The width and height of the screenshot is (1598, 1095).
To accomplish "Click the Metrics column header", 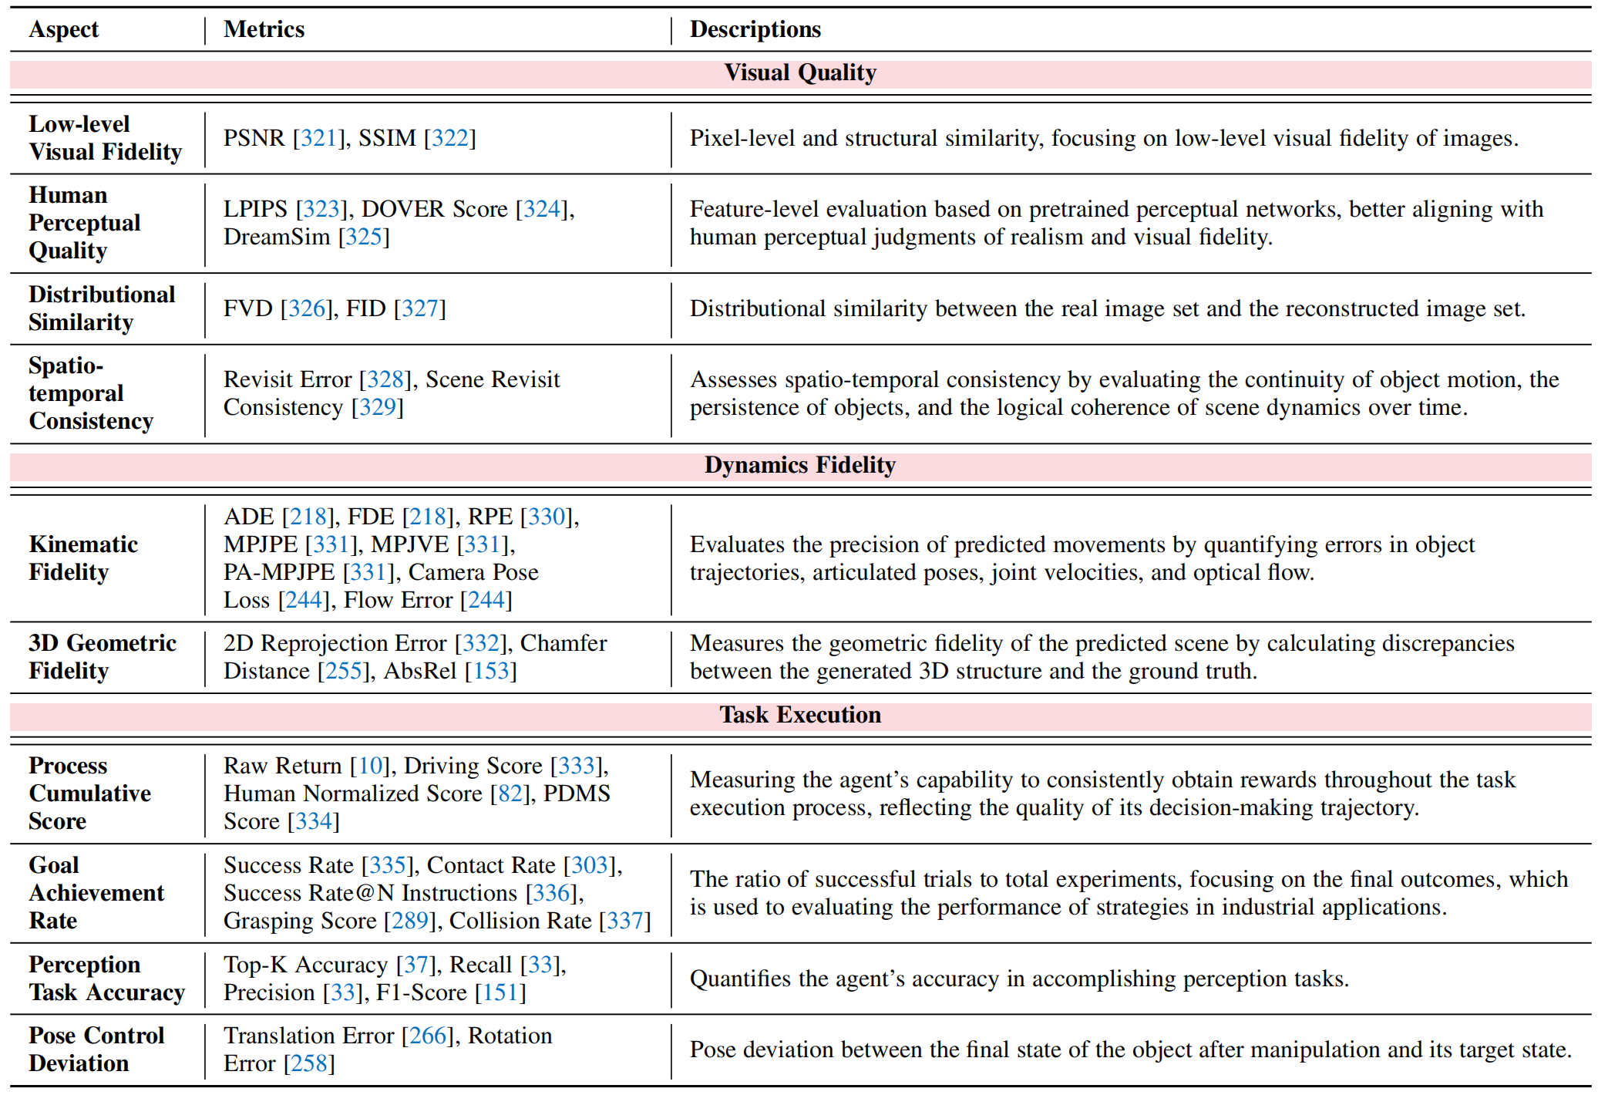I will point(264,29).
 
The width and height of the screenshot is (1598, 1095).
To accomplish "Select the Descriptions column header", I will point(755,29).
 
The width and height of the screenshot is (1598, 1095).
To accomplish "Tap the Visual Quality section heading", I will point(800,72).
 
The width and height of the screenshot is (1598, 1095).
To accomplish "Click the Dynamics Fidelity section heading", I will point(800,465).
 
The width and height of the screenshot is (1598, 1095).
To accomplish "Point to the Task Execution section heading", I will point(800,715).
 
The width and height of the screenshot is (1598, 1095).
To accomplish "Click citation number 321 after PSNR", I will point(318,138).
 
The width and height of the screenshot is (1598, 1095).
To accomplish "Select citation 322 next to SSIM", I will point(449,138).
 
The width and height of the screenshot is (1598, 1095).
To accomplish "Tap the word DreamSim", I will point(277,237).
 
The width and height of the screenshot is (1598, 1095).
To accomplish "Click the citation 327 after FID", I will point(419,308).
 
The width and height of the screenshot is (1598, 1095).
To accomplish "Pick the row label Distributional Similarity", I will point(102,308).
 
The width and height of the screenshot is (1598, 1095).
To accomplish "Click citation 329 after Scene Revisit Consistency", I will point(377,407).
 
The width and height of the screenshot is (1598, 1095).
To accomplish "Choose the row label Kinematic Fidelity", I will point(83,558).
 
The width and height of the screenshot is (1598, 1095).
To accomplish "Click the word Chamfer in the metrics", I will point(564,643).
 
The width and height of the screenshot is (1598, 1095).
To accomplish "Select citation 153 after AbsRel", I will point(490,671).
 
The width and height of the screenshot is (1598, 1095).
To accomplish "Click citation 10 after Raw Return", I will point(370,766).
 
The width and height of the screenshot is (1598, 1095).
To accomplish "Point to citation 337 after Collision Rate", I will point(624,921).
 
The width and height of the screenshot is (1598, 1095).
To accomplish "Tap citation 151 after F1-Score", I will point(500,992).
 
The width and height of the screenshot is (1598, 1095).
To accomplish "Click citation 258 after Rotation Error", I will point(309,1063).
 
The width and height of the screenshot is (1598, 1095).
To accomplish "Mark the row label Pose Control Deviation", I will point(96,1050).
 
